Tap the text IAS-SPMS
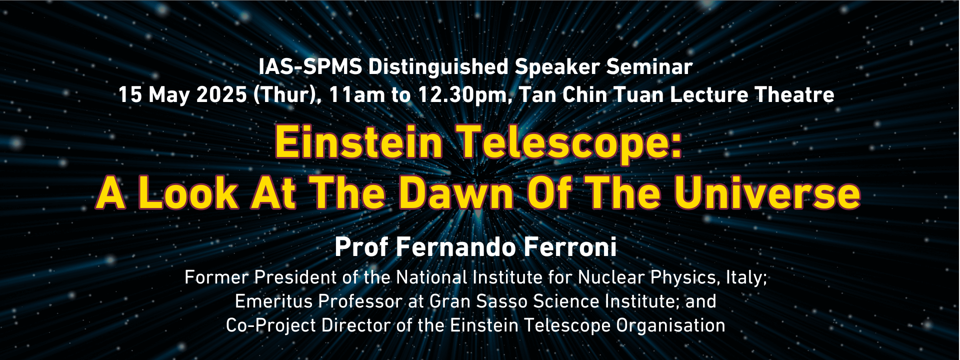(310, 66)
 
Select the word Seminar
(649, 66)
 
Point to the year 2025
(221, 94)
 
